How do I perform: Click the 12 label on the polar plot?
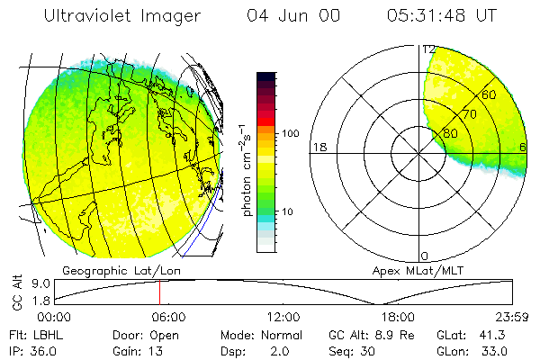click(429, 50)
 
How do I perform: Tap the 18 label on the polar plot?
click(318, 147)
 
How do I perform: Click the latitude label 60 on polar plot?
click(490, 94)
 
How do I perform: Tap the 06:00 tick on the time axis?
click(168, 317)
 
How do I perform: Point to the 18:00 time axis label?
click(398, 317)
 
